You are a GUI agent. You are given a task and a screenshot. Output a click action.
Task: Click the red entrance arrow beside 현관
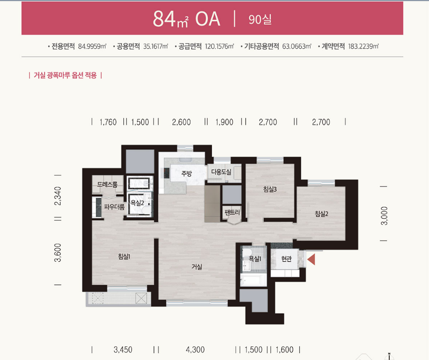(x=312, y=259)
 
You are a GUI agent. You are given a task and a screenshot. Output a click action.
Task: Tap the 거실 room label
(x=197, y=267)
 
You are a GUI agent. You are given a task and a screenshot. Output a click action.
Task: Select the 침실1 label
(x=124, y=256)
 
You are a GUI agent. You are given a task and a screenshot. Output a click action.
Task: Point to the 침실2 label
(x=321, y=214)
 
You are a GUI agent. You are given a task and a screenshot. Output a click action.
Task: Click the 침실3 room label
(x=270, y=189)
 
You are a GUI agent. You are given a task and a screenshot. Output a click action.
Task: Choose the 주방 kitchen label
(x=187, y=173)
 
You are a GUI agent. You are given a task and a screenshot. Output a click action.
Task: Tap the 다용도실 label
(x=221, y=172)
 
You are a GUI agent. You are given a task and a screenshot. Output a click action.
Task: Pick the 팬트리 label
(x=232, y=212)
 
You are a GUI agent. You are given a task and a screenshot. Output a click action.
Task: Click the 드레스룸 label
(x=107, y=185)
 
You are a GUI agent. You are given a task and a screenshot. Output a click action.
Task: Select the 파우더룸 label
(x=114, y=207)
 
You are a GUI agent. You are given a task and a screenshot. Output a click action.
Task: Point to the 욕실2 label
(x=137, y=203)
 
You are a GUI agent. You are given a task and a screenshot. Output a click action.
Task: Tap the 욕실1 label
(x=255, y=258)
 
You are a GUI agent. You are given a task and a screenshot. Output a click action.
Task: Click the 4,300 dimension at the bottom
(x=195, y=350)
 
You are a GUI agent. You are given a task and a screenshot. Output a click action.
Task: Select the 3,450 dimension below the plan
(x=123, y=350)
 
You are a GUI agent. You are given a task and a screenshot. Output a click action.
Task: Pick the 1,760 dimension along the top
(x=108, y=122)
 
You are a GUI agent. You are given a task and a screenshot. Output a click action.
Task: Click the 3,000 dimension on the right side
(x=384, y=216)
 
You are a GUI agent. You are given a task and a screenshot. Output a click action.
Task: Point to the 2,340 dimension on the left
(x=58, y=196)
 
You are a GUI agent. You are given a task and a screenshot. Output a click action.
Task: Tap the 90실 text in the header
(x=260, y=19)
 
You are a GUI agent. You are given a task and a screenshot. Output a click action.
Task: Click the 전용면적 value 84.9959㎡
(x=92, y=46)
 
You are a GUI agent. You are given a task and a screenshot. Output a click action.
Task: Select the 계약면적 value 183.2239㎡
(x=364, y=46)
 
